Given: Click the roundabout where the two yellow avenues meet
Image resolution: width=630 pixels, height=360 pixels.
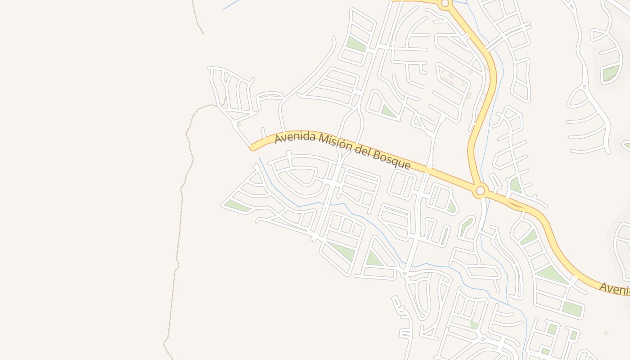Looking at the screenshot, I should [x=480, y=191].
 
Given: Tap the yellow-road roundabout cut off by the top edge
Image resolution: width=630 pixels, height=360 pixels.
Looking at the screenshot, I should [x=445, y=4].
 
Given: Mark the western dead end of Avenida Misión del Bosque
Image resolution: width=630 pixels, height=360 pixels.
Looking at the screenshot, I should [x=252, y=148].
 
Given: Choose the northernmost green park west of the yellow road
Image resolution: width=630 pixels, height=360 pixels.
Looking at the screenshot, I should [x=355, y=44].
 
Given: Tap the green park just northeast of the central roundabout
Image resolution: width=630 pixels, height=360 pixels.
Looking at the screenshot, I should [x=515, y=184].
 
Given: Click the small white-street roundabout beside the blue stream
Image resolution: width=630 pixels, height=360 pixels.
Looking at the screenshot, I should [x=405, y=273].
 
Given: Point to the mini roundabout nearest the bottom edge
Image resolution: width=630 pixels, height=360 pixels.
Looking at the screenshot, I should [x=482, y=339].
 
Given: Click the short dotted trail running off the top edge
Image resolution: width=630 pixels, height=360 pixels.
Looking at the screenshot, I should [x=198, y=18].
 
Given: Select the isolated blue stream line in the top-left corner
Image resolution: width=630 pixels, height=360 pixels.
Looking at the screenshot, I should [x=232, y=4].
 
